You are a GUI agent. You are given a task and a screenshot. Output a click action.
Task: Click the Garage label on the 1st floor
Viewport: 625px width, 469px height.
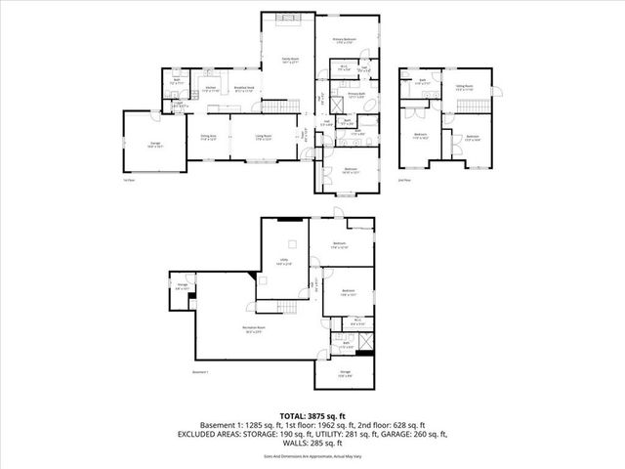point(153,145)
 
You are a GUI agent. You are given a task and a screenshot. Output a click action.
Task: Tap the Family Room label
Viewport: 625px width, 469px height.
point(290,61)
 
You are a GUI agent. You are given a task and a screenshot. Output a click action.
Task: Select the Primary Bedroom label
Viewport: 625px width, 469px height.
point(344,39)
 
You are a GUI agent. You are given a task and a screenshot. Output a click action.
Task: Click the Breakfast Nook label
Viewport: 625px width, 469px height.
point(245,89)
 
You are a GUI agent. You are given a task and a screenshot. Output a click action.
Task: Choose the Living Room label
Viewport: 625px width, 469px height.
point(263,137)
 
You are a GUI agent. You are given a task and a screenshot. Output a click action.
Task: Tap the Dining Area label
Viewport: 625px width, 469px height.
point(209,137)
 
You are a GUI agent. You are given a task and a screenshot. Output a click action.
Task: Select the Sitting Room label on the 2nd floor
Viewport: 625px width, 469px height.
point(464,88)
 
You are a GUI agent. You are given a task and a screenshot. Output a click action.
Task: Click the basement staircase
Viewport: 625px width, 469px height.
point(283,309)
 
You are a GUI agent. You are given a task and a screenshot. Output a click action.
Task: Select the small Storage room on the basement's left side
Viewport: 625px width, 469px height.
point(182,288)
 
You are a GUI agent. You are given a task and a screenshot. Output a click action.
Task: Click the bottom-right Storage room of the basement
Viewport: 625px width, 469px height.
point(345,372)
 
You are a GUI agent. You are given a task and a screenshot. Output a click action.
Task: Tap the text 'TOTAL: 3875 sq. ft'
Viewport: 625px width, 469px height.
point(312,415)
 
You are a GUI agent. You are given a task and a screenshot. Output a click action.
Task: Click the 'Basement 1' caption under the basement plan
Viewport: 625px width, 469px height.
point(202,372)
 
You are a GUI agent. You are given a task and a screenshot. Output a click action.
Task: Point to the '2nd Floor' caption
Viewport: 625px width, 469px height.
point(405,180)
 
